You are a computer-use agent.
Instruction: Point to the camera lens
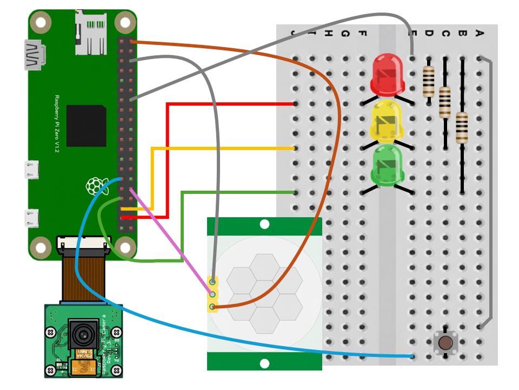[x=83, y=335]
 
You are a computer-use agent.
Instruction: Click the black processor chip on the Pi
[x=86, y=126]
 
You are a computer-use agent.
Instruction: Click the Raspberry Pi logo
[x=95, y=186]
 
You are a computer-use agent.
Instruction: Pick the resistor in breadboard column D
[x=429, y=81]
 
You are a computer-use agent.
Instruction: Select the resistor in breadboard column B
[x=462, y=127]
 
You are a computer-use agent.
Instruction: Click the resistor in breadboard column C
[x=445, y=102]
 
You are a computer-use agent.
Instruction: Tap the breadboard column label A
[x=478, y=34]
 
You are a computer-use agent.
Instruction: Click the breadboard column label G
[x=345, y=34]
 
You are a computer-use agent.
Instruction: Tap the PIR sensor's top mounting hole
[x=264, y=224]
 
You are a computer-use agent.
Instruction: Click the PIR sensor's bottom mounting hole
[x=264, y=363]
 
